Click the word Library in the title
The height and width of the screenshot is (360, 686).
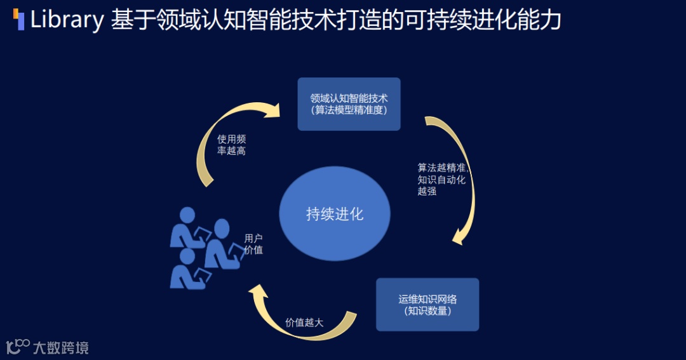[67, 20]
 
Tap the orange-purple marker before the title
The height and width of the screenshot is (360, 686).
[19, 20]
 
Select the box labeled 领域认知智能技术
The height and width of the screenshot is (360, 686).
[349, 104]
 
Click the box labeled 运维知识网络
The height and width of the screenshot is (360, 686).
[427, 304]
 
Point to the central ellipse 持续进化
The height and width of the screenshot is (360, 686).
[334, 214]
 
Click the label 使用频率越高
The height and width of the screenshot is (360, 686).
[231, 145]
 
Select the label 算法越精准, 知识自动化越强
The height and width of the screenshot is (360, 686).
[441, 179]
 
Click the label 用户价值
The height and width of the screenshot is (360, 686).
[253, 244]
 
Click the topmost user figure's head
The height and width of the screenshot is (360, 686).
[187, 215]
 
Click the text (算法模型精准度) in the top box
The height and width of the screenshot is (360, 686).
[349, 110]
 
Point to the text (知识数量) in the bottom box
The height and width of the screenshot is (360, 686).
[427, 311]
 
